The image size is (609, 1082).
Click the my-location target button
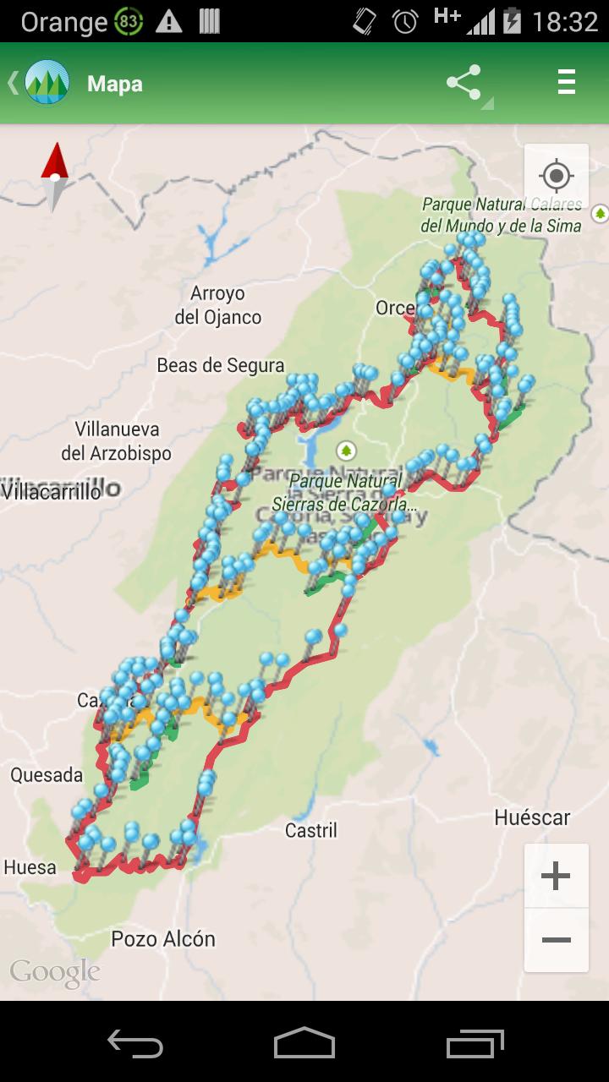click(x=556, y=177)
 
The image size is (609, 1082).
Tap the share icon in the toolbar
click(x=464, y=83)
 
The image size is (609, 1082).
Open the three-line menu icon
click(x=566, y=82)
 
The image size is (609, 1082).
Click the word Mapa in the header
click(x=114, y=84)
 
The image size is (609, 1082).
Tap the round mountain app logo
click(x=47, y=83)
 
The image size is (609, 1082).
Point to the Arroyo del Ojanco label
click(x=217, y=305)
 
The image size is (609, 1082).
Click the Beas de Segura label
click(x=220, y=365)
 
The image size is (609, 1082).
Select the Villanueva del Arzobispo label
click(x=116, y=440)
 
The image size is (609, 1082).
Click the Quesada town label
click(x=47, y=774)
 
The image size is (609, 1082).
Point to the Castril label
click(x=310, y=830)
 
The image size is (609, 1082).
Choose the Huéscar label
click(x=532, y=817)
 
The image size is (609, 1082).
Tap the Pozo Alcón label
click(x=163, y=938)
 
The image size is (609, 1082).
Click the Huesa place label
click(x=30, y=866)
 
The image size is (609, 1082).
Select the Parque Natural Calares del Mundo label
click(x=502, y=216)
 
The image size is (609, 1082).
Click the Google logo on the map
click(x=54, y=972)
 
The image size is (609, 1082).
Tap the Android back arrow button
click(x=135, y=1045)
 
